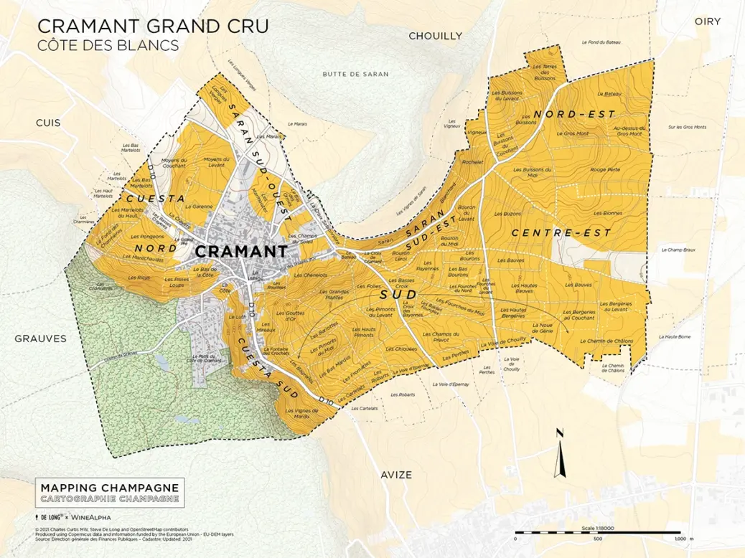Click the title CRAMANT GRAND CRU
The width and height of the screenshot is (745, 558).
click(153, 27)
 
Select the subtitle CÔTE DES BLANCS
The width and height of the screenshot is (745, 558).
click(108, 45)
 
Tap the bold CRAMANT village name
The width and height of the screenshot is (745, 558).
click(240, 252)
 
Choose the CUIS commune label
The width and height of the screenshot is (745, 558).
click(48, 123)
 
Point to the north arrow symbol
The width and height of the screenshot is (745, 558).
click(561, 452)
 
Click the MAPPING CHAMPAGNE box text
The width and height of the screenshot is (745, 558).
click(109, 486)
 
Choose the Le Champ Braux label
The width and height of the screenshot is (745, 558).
click(673, 250)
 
